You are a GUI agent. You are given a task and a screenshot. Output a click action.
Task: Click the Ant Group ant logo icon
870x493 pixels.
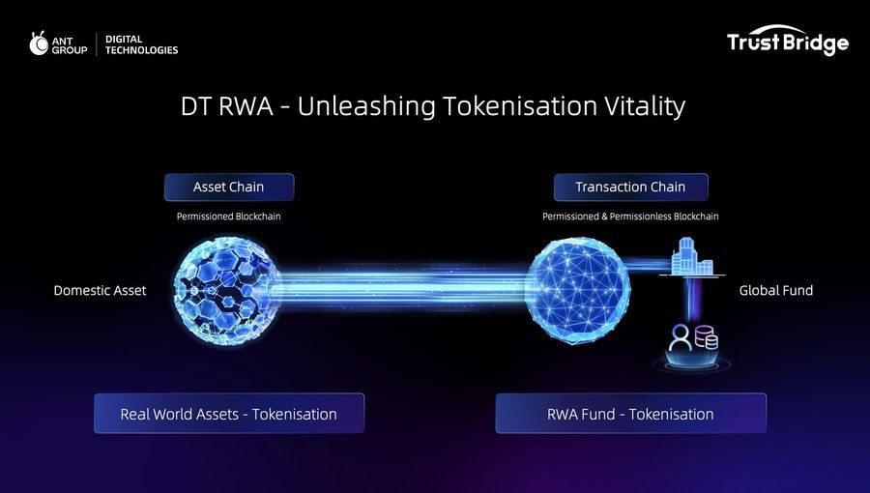point(39,43)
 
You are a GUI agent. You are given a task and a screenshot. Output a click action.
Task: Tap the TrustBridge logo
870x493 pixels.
point(787,40)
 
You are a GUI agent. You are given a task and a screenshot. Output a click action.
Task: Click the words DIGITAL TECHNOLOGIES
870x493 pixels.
point(141,44)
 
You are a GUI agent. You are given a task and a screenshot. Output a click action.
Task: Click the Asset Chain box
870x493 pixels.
point(229,187)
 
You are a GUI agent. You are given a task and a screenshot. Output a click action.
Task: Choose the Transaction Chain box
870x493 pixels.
point(631,187)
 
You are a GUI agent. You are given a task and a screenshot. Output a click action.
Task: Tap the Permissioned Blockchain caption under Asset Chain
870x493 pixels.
point(228,217)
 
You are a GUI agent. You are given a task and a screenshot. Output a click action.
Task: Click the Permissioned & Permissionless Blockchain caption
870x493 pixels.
point(630,217)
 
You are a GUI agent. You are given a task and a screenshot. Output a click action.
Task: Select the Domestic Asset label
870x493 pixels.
point(100,290)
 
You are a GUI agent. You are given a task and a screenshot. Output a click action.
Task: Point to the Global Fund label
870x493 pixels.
point(775,290)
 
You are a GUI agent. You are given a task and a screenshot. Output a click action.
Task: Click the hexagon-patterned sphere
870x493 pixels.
point(228,290)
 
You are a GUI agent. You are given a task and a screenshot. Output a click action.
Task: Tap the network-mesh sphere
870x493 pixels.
point(578,290)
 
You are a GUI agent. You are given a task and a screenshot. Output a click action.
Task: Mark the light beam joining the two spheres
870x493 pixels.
point(404,288)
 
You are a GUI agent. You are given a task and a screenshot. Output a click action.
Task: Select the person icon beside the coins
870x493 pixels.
point(681,337)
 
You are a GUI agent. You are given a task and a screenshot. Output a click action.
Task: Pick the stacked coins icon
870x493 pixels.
point(707,337)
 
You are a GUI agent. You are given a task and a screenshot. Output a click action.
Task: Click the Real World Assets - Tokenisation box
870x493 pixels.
point(229,413)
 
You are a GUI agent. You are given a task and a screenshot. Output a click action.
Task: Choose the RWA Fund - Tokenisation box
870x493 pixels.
point(631,413)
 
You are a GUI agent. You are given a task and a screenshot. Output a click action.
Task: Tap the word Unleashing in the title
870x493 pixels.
point(366,106)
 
